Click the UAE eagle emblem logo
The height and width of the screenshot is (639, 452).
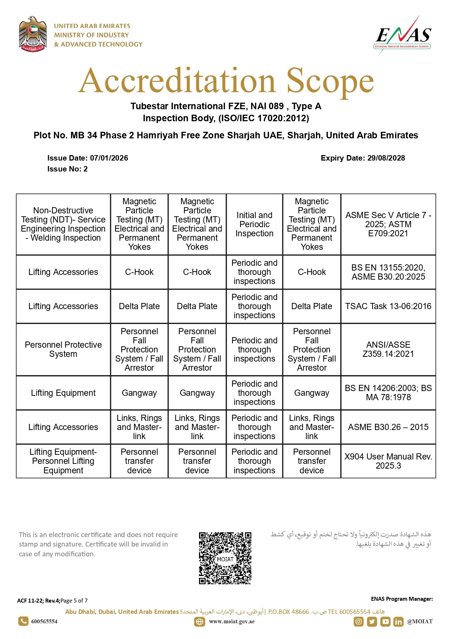tap(33, 34)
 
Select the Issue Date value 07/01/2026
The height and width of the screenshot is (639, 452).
tap(109, 158)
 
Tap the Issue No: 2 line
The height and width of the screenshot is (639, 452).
tap(67, 169)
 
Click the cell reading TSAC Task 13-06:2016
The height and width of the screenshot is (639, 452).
tap(388, 306)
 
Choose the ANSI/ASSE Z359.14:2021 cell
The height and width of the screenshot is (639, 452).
tap(388, 349)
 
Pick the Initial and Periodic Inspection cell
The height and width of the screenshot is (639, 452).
tap(254, 224)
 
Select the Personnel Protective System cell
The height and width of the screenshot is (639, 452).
tap(63, 349)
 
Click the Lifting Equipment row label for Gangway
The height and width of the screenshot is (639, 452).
tap(63, 393)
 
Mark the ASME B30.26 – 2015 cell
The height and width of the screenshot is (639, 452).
tap(388, 427)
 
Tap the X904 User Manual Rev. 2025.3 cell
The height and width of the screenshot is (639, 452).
tap(388, 461)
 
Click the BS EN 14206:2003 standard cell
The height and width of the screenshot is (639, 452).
tap(388, 393)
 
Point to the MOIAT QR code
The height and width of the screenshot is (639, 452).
tap(225, 558)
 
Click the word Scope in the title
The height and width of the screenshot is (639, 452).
tap(330, 81)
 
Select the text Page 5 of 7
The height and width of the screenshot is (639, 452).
tap(74, 601)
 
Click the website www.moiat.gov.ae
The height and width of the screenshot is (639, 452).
tap(232, 622)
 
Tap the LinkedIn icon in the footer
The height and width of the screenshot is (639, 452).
tap(398, 622)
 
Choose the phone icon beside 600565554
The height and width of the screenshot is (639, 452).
tap(23, 621)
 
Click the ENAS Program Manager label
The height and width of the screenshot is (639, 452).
tap(402, 599)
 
